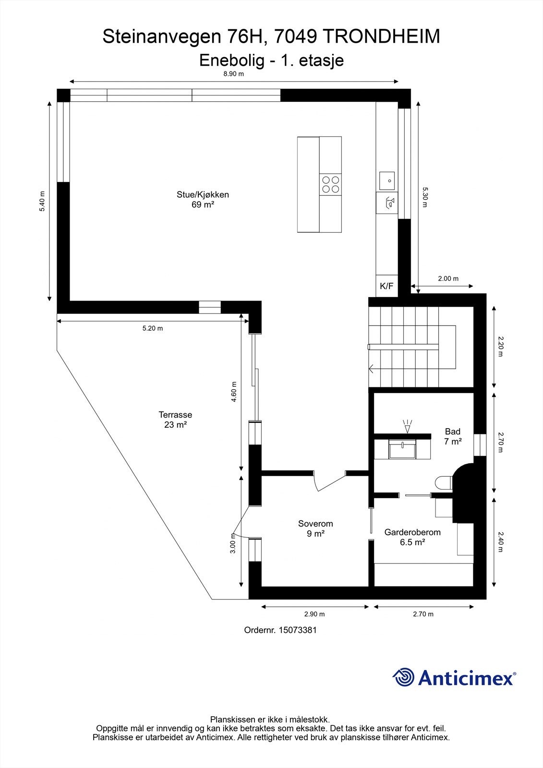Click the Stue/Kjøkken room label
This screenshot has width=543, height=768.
(202, 199)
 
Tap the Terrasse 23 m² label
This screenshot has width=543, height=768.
(175, 420)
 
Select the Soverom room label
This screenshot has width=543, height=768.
(315, 528)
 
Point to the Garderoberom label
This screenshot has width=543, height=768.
(412, 537)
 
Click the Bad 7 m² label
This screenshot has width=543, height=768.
(452, 436)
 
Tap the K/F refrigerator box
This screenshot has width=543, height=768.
(386, 287)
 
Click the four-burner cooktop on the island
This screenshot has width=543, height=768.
(330, 184)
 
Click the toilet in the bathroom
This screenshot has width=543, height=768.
(443, 483)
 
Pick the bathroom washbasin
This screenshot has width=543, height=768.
(402, 450)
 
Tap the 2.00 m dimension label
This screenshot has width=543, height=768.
(448, 279)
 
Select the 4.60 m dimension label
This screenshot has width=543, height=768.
(234, 392)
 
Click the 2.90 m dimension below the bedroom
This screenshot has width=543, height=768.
(314, 614)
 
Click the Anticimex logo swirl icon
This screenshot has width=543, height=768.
(403, 677)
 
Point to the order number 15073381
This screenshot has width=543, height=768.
(280, 630)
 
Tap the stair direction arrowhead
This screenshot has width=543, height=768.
(371, 369)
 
